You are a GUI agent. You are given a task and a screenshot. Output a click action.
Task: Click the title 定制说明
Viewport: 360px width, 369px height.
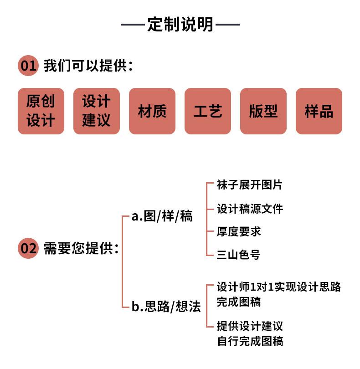pyautogui.click(x=180, y=24)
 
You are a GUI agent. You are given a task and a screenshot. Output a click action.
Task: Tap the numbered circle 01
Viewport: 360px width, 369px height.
pyautogui.click(x=28, y=66)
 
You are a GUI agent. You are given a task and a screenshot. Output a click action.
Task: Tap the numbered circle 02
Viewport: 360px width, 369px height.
pyautogui.click(x=28, y=248)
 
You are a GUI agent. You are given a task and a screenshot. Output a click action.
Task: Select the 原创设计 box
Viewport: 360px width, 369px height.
pyautogui.click(x=41, y=111)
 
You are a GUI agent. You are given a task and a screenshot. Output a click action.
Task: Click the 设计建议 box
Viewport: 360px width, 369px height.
pyautogui.click(x=97, y=111)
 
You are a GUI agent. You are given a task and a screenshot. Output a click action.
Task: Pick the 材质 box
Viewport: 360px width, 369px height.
pyautogui.click(x=152, y=111)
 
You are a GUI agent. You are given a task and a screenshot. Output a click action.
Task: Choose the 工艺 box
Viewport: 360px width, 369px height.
pyautogui.click(x=208, y=111)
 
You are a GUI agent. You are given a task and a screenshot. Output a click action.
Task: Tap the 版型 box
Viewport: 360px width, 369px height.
pyautogui.click(x=263, y=111)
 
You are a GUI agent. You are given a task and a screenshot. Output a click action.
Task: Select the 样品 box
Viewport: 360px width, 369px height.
pyautogui.click(x=319, y=111)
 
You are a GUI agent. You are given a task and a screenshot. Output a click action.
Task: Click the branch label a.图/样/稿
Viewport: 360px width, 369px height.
pyautogui.click(x=162, y=216)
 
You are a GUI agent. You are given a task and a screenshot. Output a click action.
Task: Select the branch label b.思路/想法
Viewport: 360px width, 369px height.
pyautogui.click(x=166, y=307)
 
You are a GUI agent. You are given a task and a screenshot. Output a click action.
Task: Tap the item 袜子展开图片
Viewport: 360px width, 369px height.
pyautogui.click(x=250, y=185)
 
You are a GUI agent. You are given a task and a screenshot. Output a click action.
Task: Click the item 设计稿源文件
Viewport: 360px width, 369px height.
pyautogui.click(x=250, y=209)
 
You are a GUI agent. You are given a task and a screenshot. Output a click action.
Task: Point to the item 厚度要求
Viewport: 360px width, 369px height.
pyautogui.click(x=239, y=231)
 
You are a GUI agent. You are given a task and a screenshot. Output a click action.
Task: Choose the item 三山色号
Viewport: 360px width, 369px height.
pyautogui.click(x=238, y=255)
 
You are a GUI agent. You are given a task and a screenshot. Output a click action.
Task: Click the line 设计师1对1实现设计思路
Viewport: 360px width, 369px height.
pyautogui.click(x=279, y=287)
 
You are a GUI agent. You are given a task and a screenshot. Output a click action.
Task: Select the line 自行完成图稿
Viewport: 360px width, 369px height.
pyautogui.click(x=250, y=341)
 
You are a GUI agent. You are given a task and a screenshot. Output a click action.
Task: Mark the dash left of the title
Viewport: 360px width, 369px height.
pyautogui.click(x=133, y=24)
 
